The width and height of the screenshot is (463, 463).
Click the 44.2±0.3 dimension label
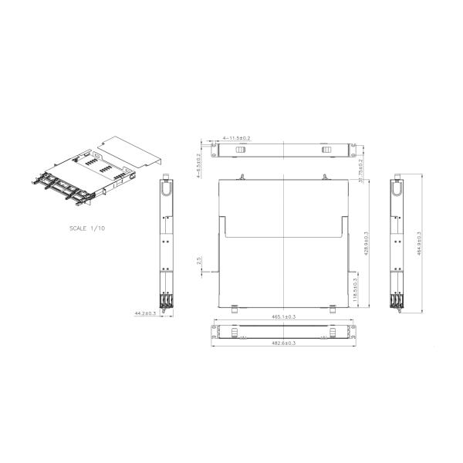145,314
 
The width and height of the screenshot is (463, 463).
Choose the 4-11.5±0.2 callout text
236,137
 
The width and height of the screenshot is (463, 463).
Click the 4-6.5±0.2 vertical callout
198,164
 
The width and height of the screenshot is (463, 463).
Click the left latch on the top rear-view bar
240,148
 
